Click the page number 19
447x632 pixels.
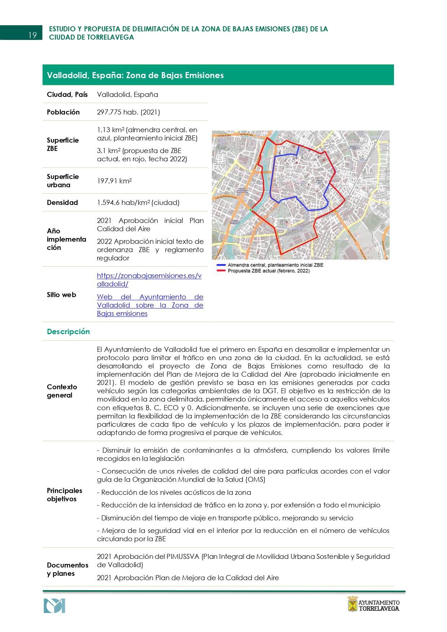click(x=32, y=35)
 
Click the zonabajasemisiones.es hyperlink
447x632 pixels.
click(x=149, y=280)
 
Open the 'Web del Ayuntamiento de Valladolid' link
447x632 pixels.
click(x=150, y=305)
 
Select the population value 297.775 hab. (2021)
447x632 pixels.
click(x=128, y=112)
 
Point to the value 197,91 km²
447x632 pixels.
click(x=114, y=181)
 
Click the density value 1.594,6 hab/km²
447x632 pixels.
click(x=138, y=202)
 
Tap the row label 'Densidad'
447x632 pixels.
click(x=62, y=202)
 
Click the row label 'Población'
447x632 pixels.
click(x=63, y=112)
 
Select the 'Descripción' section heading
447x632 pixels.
click(x=68, y=332)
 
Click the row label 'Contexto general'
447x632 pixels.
click(x=62, y=391)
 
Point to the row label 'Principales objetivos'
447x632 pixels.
click(x=64, y=495)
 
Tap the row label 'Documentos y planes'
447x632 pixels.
click(x=67, y=569)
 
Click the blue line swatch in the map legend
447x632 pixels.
click(x=221, y=265)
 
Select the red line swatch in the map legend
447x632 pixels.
click(x=221, y=271)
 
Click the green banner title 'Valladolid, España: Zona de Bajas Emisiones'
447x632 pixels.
click(x=135, y=75)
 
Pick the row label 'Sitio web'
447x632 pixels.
click(x=61, y=295)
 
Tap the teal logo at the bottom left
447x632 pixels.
click(x=54, y=606)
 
